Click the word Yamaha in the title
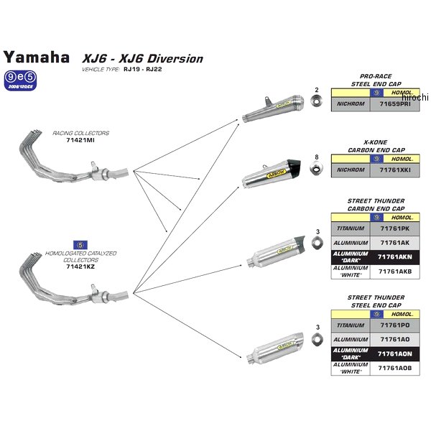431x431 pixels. pyautogui.click(x=37, y=57)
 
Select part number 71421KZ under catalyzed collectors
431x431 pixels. pyautogui.click(x=80, y=267)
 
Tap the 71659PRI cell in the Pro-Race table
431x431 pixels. pyautogui.click(x=395, y=104)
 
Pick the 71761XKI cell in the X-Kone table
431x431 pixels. pyautogui.click(x=395, y=170)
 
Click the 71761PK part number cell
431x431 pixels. pyautogui.click(x=395, y=229)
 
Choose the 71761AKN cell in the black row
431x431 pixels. pyautogui.click(x=395, y=256)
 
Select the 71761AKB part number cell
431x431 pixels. pyautogui.click(x=395, y=271)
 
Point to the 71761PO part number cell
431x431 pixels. pyautogui.click(x=395, y=325)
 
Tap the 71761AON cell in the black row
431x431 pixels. pyautogui.click(x=395, y=353)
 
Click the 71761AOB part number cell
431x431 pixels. pyautogui.click(x=395, y=367)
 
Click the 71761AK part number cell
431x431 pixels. pyautogui.click(x=395, y=243)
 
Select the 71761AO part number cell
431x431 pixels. pyautogui.click(x=395, y=339)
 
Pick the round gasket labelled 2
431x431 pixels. pyautogui.click(x=315, y=103)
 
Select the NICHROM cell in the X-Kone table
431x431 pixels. pyautogui.click(x=351, y=170)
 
